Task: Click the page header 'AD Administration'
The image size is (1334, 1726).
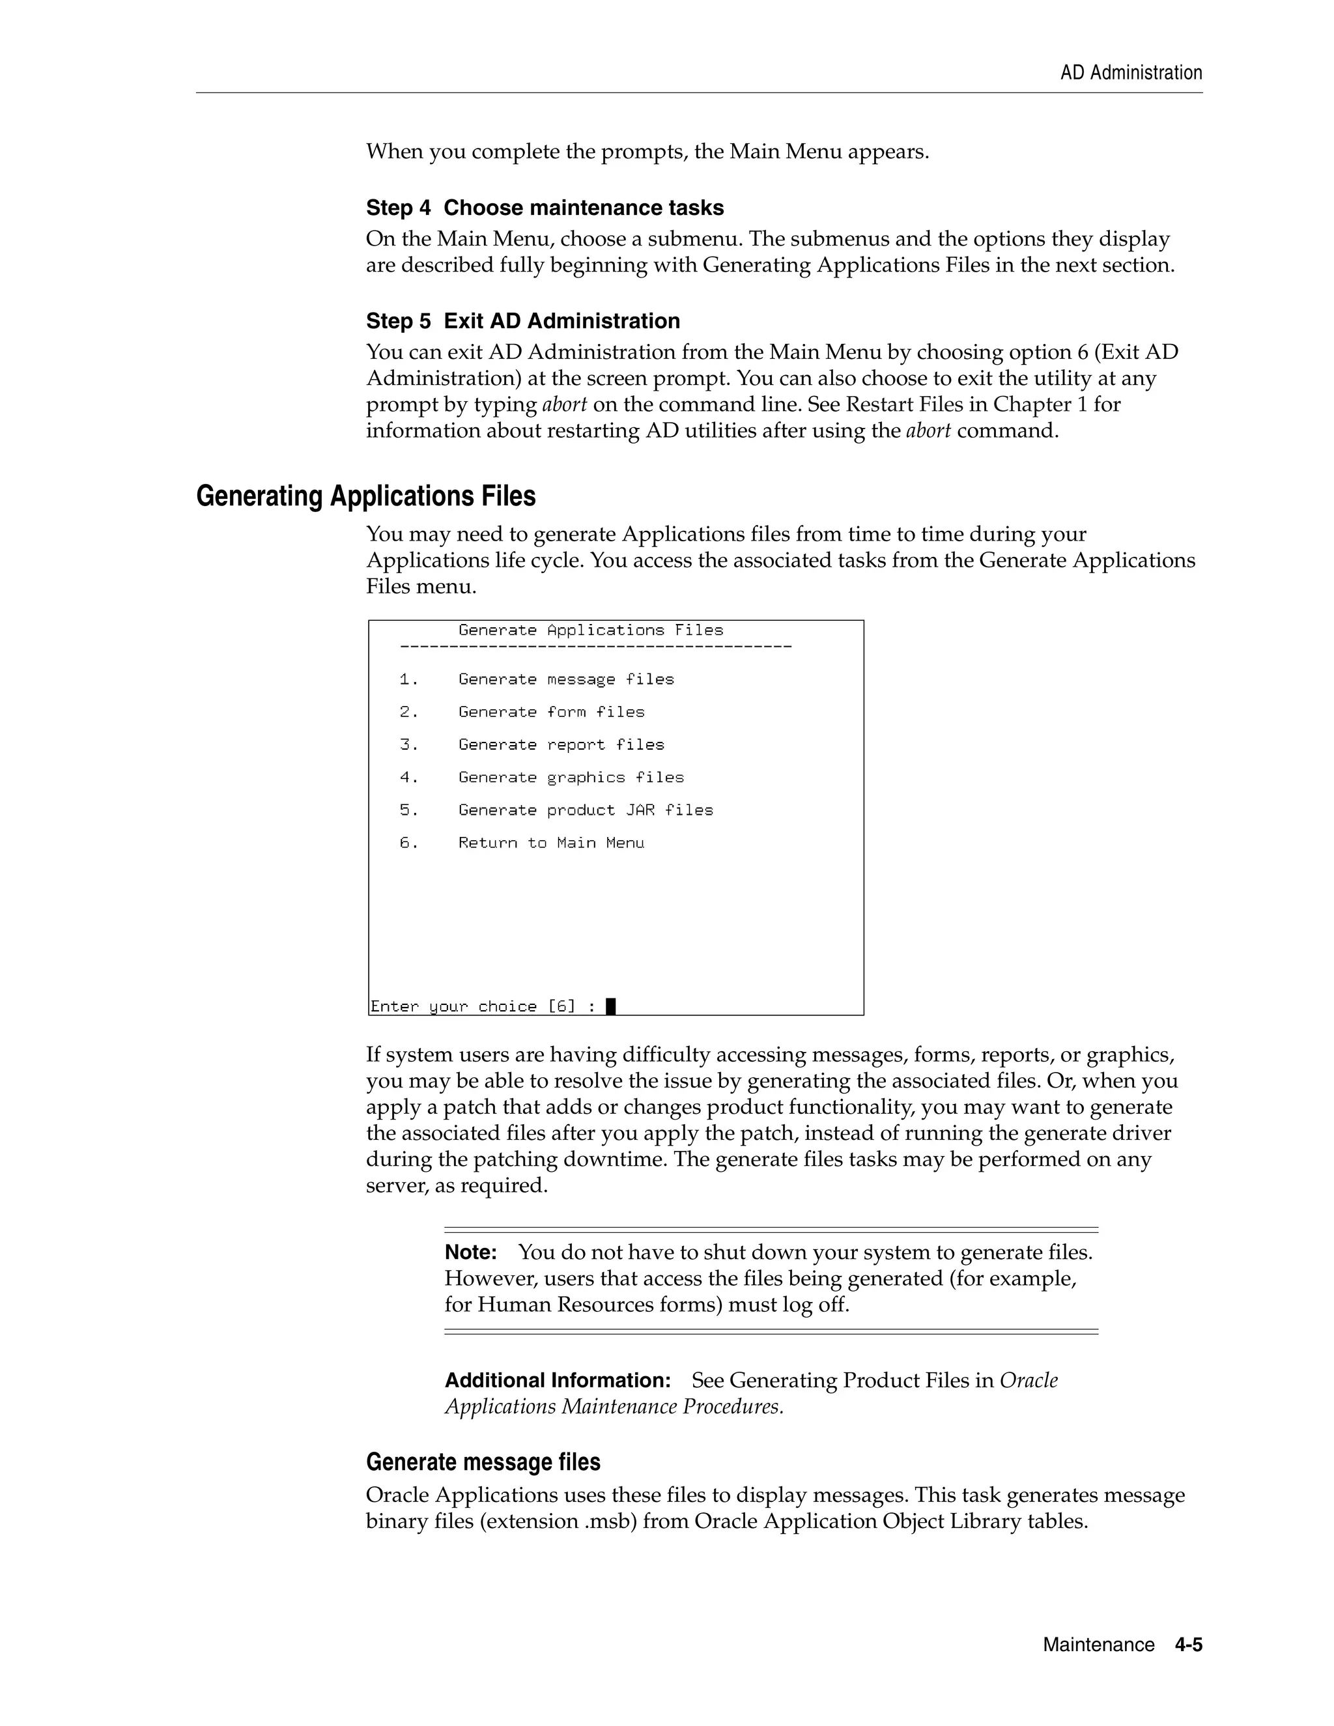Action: tap(1130, 73)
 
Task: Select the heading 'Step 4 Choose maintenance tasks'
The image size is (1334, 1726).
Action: tap(545, 208)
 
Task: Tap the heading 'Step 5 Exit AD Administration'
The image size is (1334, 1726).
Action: tap(522, 321)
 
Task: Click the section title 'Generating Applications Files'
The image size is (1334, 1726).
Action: tap(365, 496)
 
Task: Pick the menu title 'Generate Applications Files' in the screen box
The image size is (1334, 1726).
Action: tap(590, 630)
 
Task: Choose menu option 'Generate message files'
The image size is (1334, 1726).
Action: tap(566, 679)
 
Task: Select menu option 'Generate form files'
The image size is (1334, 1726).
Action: tap(551, 712)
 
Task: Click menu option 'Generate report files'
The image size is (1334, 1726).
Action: tap(561, 744)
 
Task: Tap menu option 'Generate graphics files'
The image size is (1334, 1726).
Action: tap(571, 778)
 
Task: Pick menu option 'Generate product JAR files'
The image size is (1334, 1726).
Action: tap(586, 810)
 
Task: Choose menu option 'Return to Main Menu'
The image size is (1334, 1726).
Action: tap(551, 843)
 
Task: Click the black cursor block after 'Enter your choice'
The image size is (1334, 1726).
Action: tap(610, 1006)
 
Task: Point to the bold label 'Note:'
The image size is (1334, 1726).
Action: tap(470, 1252)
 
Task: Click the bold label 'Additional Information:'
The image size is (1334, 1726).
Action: tap(557, 1380)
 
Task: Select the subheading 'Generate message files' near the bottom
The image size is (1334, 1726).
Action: tap(483, 1462)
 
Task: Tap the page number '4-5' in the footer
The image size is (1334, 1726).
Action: tap(1188, 1645)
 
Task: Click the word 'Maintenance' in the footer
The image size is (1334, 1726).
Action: tap(1098, 1645)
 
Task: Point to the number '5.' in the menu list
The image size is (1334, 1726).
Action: tap(408, 810)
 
